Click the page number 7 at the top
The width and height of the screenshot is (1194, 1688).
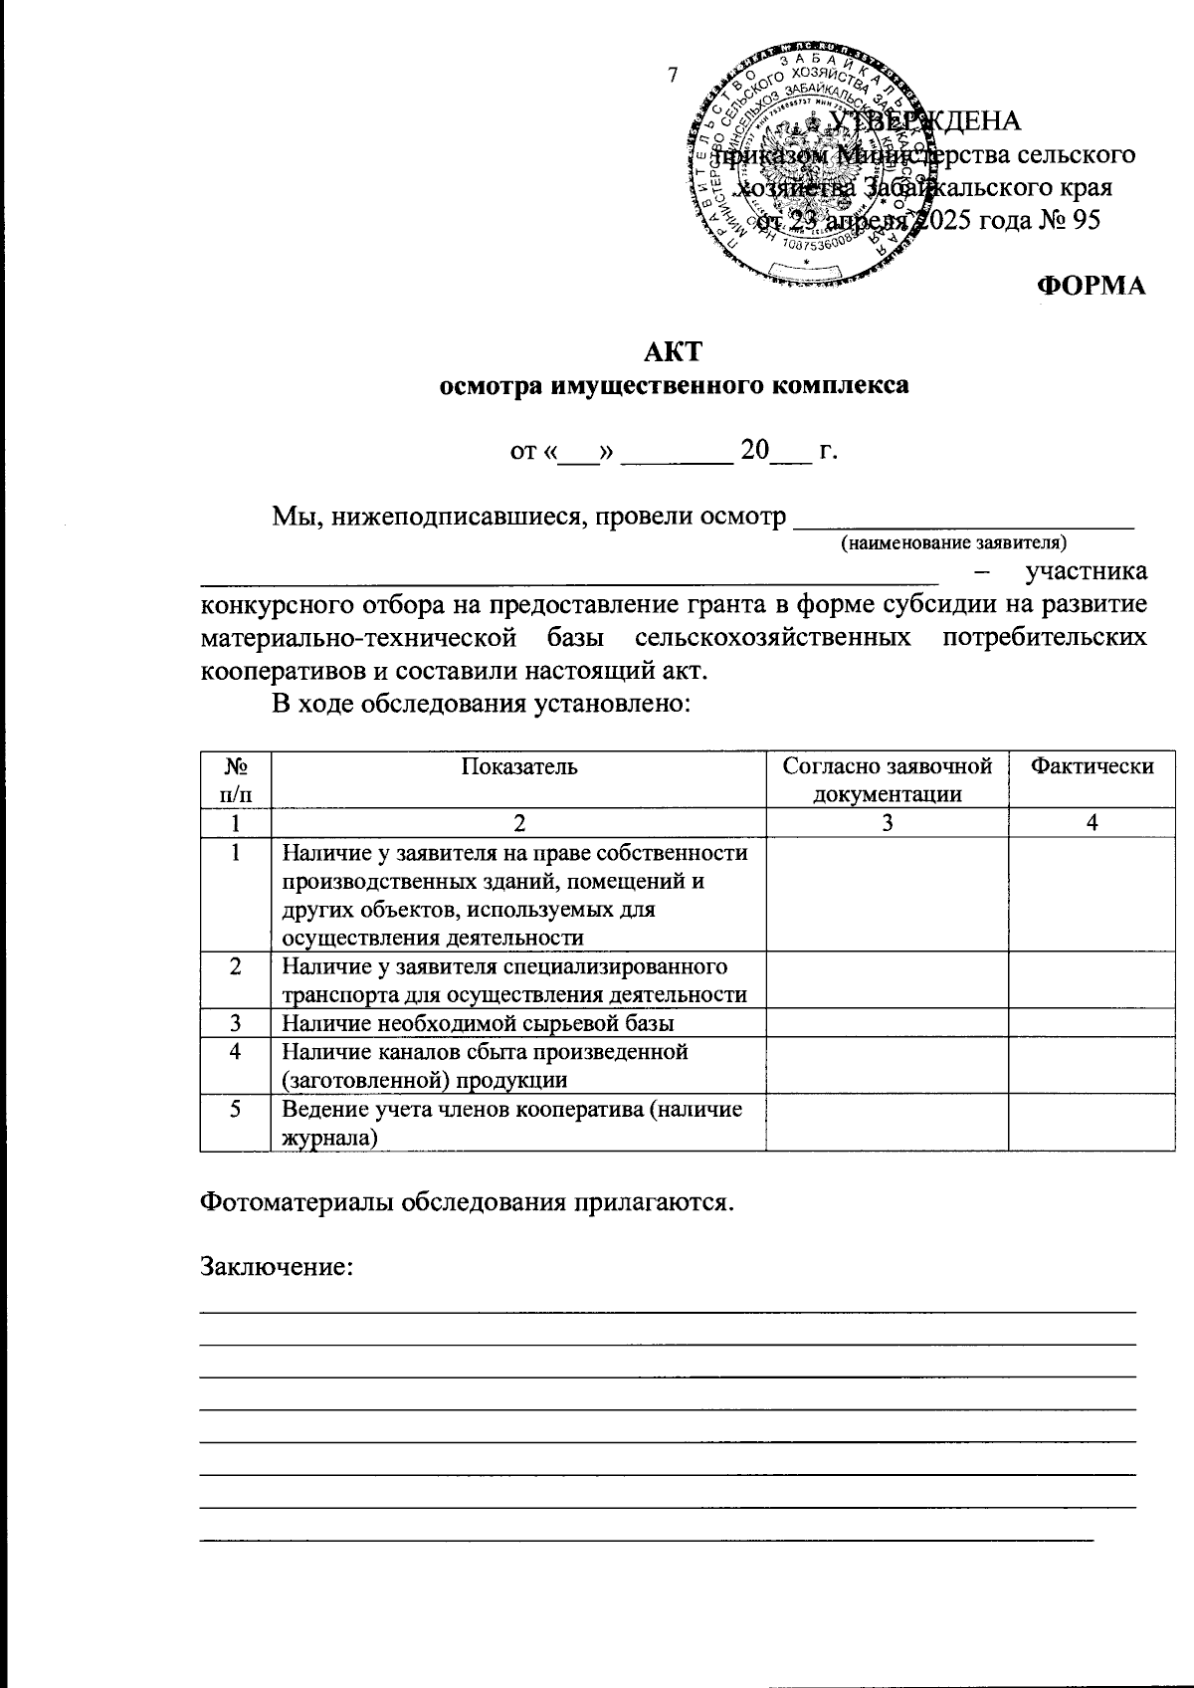click(x=674, y=75)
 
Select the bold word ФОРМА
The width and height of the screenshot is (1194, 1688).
click(x=1092, y=286)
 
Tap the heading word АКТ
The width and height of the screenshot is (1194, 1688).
click(x=674, y=351)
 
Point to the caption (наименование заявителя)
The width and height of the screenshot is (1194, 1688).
click(x=953, y=542)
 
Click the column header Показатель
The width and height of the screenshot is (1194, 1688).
click(x=518, y=765)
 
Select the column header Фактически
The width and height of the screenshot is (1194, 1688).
click(x=1092, y=765)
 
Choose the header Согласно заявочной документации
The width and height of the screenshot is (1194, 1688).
click(x=888, y=778)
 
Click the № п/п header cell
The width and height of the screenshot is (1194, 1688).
click(x=236, y=778)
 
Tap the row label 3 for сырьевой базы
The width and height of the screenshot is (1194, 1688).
click(x=236, y=1022)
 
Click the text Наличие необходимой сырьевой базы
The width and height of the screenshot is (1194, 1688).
click(x=478, y=1022)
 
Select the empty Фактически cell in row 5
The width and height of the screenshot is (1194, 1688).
click(x=1092, y=1123)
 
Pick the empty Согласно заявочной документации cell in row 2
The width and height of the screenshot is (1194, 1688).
click(x=888, y=979)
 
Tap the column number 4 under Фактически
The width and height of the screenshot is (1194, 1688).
click(x=1092, y=823)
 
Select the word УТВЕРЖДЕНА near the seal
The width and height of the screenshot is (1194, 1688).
click(x=925, y=120)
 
